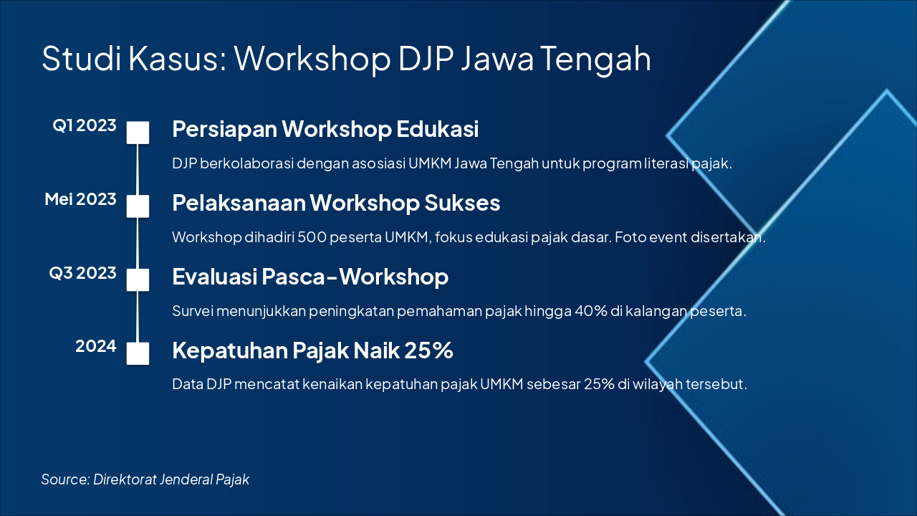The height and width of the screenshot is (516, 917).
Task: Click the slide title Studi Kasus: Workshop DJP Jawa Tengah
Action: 346,59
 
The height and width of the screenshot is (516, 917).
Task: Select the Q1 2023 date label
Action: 85,125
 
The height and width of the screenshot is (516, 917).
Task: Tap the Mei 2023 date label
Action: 80,199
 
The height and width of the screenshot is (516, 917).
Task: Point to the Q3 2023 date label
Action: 82,273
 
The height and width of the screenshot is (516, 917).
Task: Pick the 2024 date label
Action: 96,346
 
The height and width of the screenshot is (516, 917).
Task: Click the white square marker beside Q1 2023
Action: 138,133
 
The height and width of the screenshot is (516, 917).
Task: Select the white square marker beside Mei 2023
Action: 138,206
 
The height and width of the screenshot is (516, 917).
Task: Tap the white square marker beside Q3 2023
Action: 138,279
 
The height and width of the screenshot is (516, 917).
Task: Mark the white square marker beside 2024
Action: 138,353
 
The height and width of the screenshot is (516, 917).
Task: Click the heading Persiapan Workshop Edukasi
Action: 325,130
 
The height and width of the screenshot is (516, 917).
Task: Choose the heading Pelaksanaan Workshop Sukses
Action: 336,203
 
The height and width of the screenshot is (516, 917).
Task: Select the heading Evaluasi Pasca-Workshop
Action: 310,277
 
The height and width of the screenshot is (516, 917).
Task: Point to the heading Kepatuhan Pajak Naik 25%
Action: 313,350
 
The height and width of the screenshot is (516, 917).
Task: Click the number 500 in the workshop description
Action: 312,237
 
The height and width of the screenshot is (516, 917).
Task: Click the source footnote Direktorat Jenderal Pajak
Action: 171,479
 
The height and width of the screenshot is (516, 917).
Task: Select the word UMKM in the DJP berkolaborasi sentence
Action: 430,163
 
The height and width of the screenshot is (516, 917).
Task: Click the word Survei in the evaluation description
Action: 193,311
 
